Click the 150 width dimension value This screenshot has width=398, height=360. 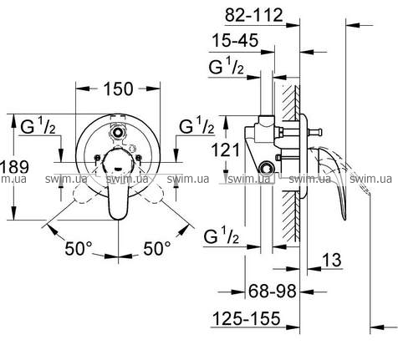[x=118, y=89]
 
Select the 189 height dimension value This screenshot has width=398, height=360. [x=14, y=167]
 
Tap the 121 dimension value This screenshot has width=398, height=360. [x=226, y=150]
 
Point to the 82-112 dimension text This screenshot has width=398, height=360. [x=253, y=15]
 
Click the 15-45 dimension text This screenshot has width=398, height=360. [x=236, y=40]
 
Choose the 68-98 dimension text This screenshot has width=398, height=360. [x=272, y=292]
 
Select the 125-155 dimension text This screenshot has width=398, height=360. [x=246, y=318]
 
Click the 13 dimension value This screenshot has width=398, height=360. [x=331, y=260]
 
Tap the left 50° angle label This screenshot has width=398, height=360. [x=79, y=248]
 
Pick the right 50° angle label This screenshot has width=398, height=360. [x=157, y=248]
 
